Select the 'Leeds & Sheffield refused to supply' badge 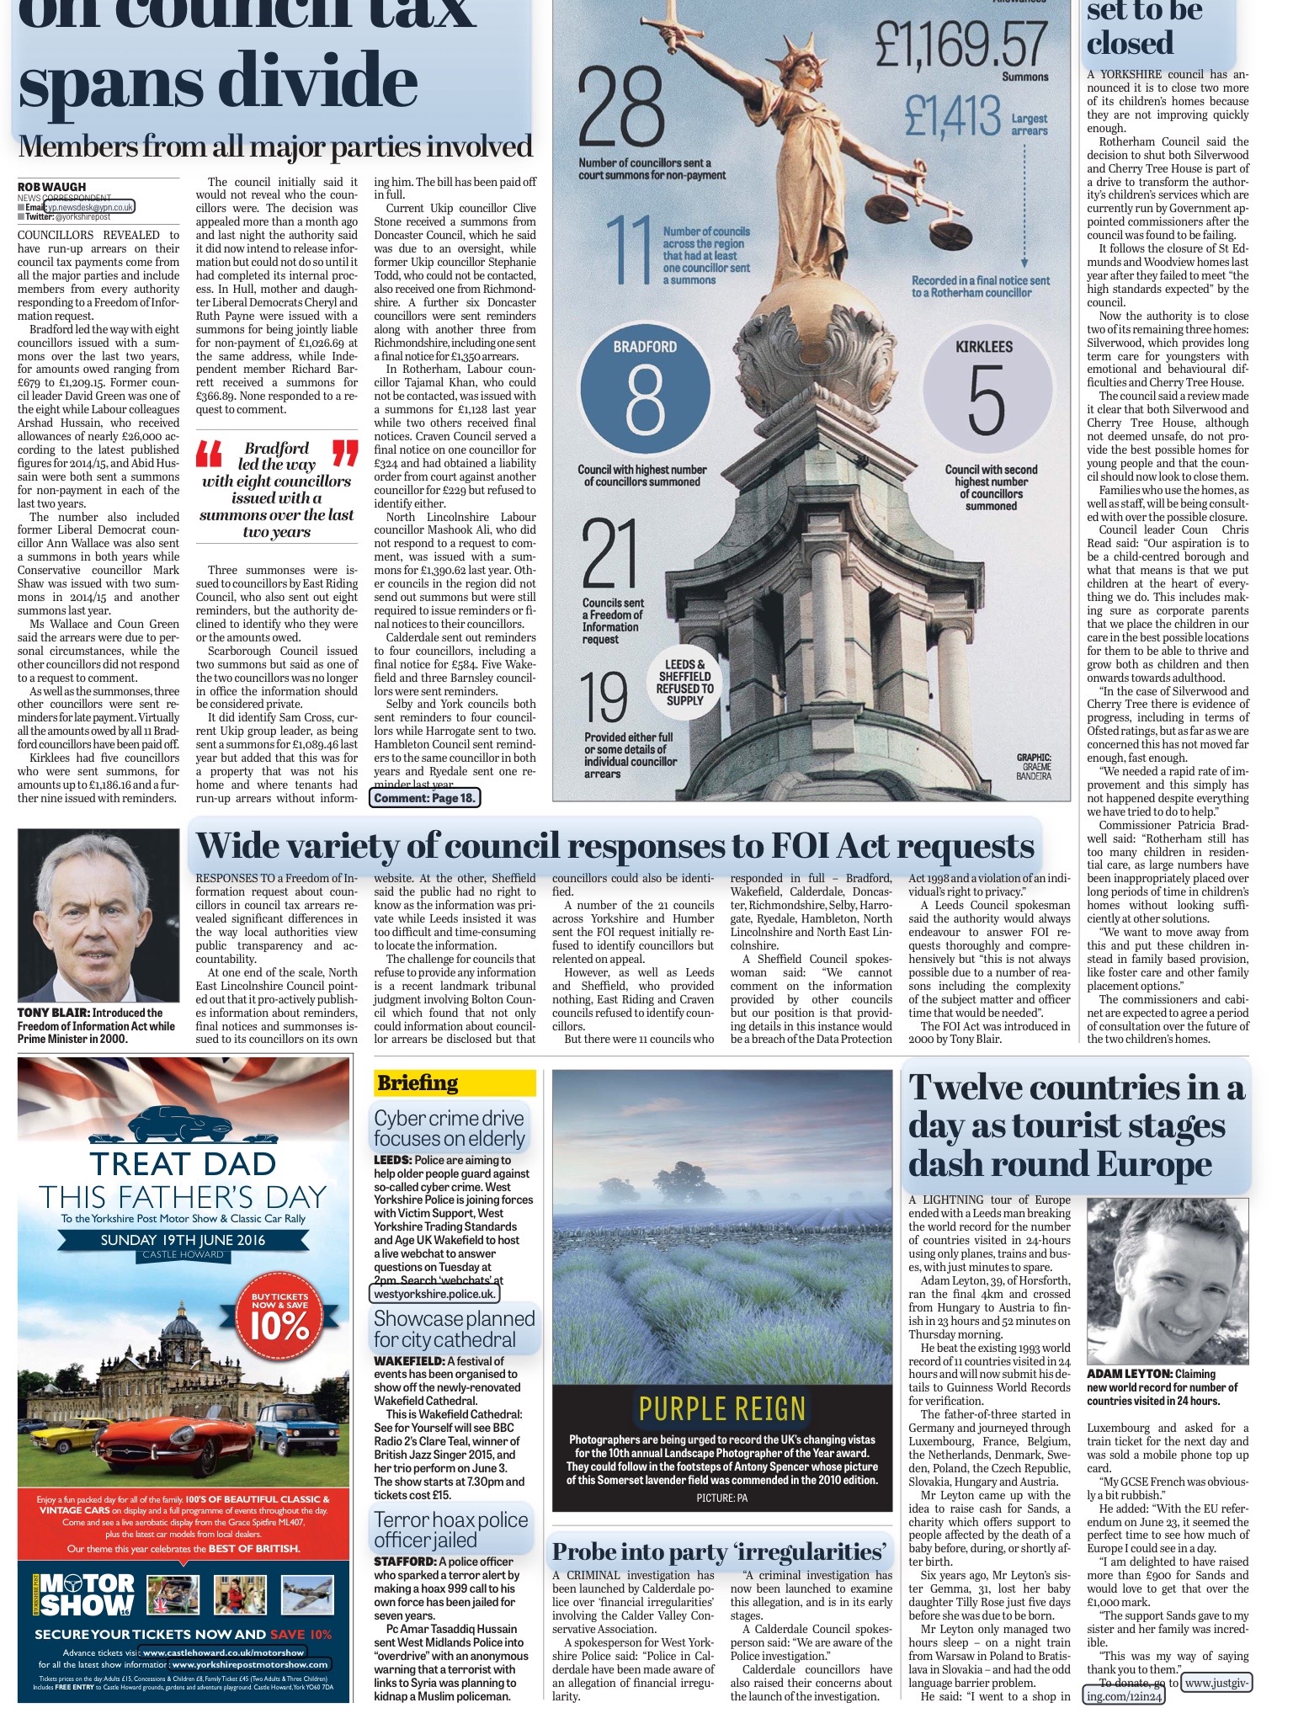click(x=684, y=683)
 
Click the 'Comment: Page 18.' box click(x=425, y=797)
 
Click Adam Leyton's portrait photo click(x=1167, y=1280)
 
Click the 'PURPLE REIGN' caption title click(x=721, y=1408)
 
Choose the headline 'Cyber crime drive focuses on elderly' click(x=450, y=1128)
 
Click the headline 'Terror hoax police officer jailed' click(x=451, y=1530)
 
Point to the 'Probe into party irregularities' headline click(x=721, y=1551)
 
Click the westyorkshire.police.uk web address click(x=435, y=1293)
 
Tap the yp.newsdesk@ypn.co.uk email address click(x=89, y=206)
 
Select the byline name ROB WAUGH click(x=52, y=186)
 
